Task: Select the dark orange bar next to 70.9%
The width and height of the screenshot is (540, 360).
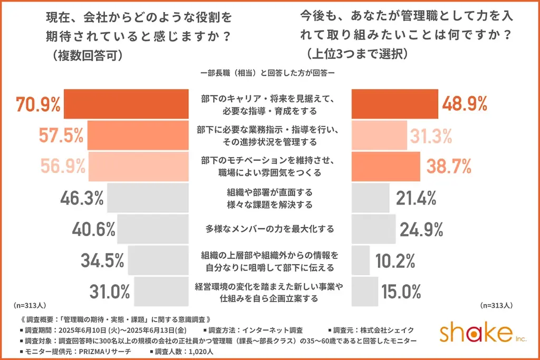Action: pos(126,104)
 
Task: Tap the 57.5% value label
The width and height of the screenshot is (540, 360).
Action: pos(61,135)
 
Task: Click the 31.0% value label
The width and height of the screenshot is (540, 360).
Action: pos(110,291)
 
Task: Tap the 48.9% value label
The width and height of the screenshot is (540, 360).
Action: pos(464,104)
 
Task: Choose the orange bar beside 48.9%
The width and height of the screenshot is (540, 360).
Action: pos(394,104)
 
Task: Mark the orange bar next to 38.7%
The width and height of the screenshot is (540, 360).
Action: pos(385,166)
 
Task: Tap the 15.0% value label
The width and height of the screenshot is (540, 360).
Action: pos(402,291)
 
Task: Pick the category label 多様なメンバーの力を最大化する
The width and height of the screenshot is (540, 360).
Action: pos(270,229)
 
